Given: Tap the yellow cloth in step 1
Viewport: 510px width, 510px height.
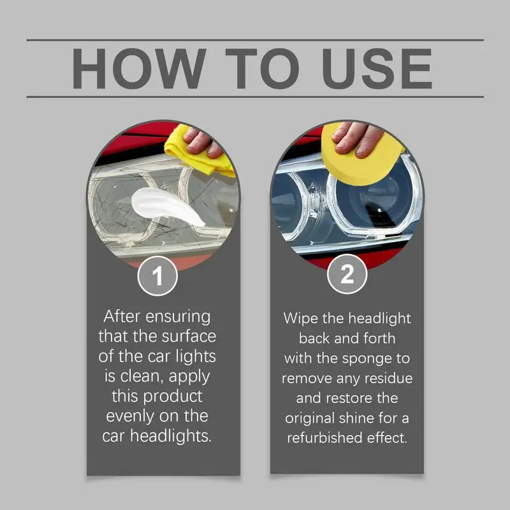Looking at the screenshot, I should [x=194, y=153].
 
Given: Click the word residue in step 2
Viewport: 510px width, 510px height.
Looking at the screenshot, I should [x=388, y=378].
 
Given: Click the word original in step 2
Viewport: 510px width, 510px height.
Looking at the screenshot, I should [x=312, y=418].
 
